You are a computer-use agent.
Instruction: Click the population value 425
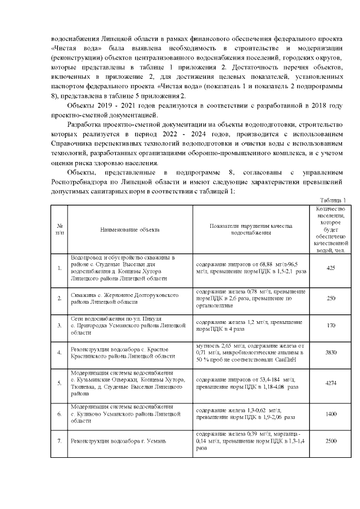pos(331,267)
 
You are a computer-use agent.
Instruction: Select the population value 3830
pos(331,353)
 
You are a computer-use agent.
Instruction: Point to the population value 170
pos(331,325)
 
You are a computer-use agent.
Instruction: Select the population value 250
pos(331,298)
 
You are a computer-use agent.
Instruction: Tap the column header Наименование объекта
pos(130,229)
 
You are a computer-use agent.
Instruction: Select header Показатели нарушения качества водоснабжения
pos(251,229)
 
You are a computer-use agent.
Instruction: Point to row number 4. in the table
pos(60,353)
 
